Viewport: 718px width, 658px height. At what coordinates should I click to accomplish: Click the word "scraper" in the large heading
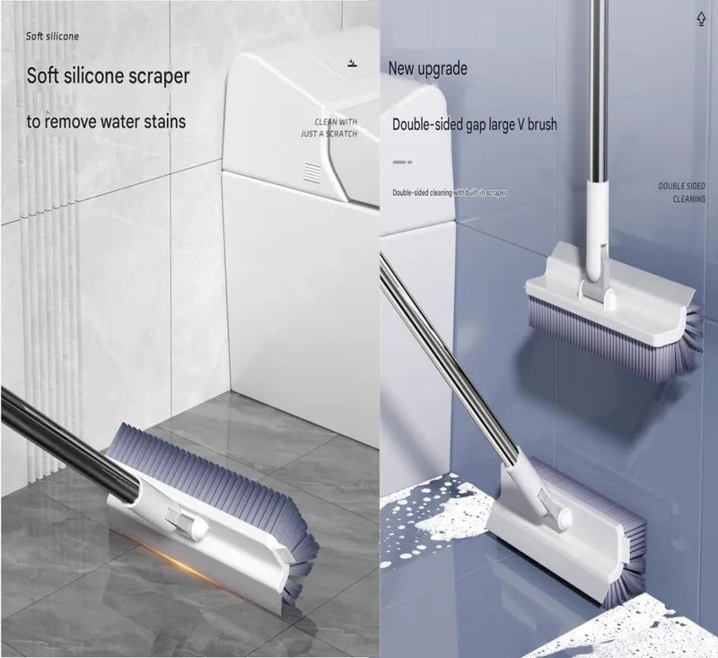(x=159, y=76)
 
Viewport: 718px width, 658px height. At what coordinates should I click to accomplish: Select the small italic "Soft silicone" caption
(x=52, y=36)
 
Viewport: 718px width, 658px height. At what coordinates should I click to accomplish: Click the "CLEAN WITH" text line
(x=336, y=122)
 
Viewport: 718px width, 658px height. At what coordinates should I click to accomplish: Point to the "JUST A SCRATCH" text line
(x=328, y=134)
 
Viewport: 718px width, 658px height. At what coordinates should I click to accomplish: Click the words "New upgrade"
(x=428, y=69)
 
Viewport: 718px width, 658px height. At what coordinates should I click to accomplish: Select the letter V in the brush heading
(x=521, y=124)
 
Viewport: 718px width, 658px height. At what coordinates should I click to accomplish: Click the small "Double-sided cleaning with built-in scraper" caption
(x=450, y=193)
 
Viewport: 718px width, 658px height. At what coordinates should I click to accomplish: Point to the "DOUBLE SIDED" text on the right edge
(x=682, y=186)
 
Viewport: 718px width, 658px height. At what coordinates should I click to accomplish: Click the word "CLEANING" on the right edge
(x=688, y=199)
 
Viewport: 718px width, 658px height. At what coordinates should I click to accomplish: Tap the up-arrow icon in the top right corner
(x=701, y=19)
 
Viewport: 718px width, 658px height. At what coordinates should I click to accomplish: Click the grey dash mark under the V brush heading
(x=402, y=162)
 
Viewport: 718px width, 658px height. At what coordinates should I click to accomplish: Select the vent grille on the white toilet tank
(x=312, y=171)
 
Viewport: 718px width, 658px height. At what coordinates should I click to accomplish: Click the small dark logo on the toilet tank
(x=352, y=63)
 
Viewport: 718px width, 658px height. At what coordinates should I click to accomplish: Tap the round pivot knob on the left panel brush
(x=199, y=528)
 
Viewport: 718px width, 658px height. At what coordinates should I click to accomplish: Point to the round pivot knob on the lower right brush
(x=563, y=518)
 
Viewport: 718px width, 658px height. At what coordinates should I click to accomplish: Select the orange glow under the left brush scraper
(x=183, y=558)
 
